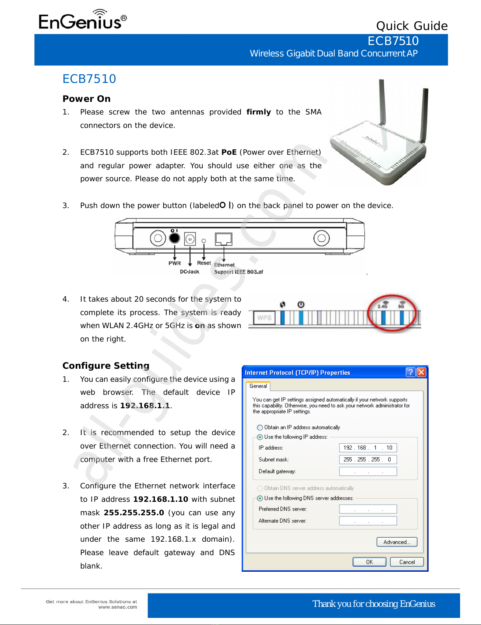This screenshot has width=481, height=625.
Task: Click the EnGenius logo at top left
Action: (x=82, y=21)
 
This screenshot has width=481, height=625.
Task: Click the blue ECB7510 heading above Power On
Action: (x=89, y=79)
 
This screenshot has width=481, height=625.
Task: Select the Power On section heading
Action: (x=86, y=99)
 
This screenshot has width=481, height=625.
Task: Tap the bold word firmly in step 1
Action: (x=258, y=112)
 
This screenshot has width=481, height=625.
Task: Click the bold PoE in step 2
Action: (x=229, y=152)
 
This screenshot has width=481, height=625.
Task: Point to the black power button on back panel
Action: (x=174, y=238)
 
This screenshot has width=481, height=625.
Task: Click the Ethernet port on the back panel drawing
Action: (x=224, y=239)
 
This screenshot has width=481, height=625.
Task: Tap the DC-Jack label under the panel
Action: (x=190, y=272)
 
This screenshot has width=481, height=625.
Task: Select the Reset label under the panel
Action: (x=204, y=263)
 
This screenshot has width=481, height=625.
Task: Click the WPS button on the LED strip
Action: (x=264, y=318)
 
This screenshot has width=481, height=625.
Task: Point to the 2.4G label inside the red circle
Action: (x=382, y=306)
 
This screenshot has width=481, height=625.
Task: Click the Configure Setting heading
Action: (x=106, y=366)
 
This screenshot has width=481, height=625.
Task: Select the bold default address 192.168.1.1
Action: (x=145, y=405)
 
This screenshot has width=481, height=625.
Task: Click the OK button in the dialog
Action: (x=369, y=562)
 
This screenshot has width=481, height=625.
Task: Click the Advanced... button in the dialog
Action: (x=397, y=542)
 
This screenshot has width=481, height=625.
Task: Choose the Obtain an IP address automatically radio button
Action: (x=260, y=428)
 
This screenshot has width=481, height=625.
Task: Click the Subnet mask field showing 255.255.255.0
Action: (x=367, y=460)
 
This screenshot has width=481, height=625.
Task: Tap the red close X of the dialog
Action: (x=421, y=372)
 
